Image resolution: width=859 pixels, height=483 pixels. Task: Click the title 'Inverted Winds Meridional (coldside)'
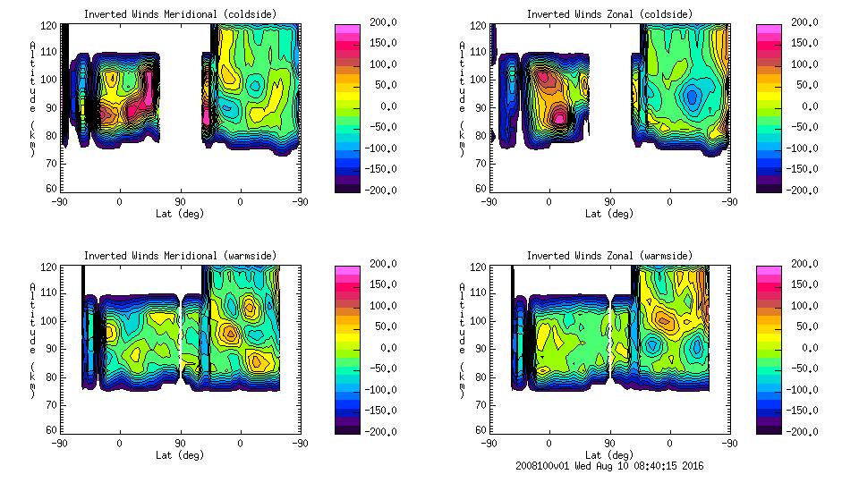coord(180,14)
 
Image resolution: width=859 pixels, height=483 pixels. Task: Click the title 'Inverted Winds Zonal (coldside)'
coord(608,14)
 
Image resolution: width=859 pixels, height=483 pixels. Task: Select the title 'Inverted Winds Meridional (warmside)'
coord(180,256)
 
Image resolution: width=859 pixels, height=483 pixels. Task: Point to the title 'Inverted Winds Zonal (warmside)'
coord(608,256)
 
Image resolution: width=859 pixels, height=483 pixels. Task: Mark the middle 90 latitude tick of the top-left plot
coord(179,202)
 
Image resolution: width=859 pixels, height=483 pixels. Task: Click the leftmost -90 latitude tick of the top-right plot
coord(489,202)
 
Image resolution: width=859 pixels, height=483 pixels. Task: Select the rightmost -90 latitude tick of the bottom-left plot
coord(301,443)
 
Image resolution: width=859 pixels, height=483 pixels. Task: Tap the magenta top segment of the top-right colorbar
coord(768,30)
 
